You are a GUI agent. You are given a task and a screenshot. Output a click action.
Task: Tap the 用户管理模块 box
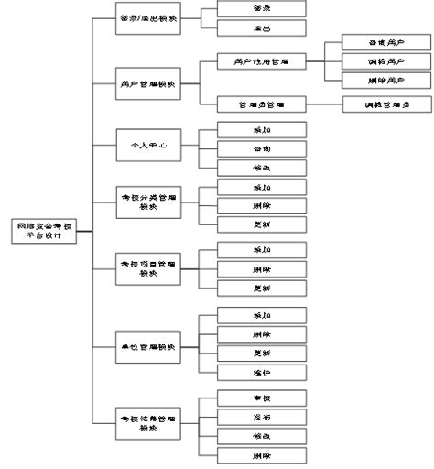(149, 83)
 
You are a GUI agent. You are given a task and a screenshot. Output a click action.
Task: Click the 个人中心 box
(149, 145)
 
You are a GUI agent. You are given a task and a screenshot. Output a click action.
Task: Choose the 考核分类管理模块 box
(149, 201)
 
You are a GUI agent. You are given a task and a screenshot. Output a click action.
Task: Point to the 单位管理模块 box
(149, 347)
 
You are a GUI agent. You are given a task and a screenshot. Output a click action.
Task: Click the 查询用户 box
(378, 42)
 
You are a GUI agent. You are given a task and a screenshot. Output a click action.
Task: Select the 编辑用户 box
(378, 61)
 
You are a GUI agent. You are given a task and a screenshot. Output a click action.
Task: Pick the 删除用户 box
(378, 82)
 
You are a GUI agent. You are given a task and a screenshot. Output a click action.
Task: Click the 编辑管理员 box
(378, 104)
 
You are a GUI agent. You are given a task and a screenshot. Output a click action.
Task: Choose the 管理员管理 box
(262, 104)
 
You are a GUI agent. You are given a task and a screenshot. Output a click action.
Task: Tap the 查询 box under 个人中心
(262, 147)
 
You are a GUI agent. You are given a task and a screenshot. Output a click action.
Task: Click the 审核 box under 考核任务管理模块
(262, 398)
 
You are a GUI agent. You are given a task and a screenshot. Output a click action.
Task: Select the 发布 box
(262, 418)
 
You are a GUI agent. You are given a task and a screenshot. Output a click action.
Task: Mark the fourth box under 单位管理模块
(262, 373)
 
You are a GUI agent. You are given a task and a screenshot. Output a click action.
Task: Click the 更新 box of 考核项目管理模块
(262, 289)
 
